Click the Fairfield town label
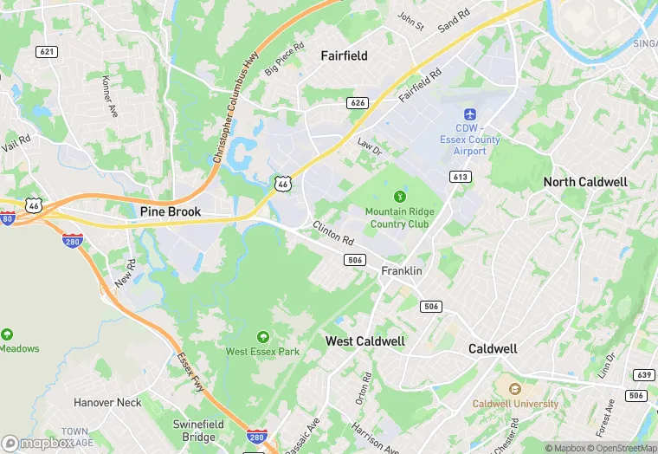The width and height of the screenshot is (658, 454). point(344,55)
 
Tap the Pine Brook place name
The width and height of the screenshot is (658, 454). point(171,211)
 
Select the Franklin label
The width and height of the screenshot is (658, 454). point(402,271)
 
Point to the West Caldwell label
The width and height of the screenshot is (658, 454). point(364,341)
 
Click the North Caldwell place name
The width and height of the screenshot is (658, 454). point(585,182)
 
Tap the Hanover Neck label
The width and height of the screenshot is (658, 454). point(107,403)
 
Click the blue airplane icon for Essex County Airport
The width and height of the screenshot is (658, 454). point(470,115)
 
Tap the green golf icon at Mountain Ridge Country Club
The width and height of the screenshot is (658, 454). point(399,197)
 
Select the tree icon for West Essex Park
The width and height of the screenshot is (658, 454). point(262,337)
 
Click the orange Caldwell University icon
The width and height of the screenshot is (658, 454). point(514,389)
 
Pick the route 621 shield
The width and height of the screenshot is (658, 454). point(47,52)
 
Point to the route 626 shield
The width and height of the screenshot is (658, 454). point(358,103)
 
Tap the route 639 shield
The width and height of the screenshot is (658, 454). point(643,375)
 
